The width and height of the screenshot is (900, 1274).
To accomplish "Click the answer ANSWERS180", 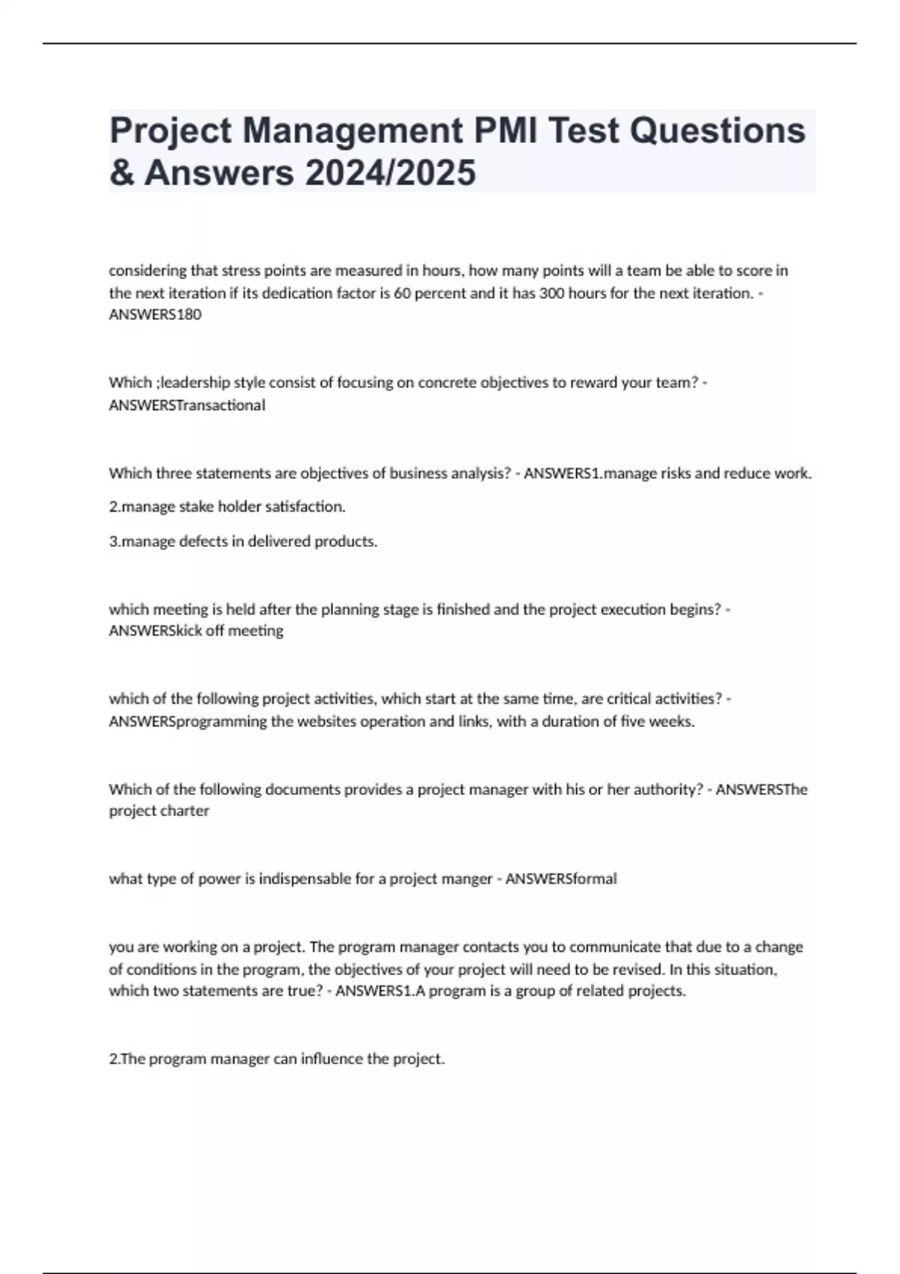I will [x=155, y=315].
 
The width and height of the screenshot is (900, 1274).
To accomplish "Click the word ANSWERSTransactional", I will [x=187, y=405].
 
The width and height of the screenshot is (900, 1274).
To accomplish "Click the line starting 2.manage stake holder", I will [x=227, y=507].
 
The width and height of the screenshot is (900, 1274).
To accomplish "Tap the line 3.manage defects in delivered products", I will [x=243, y=541].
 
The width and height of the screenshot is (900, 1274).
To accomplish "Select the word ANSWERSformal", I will [x=561, y=878].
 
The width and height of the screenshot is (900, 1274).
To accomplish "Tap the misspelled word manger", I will [x=467, y=879].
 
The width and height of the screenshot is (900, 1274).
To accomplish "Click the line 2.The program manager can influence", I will [x=277, y=1059].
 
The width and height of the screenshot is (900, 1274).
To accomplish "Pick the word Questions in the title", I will [x=718, y=130].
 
